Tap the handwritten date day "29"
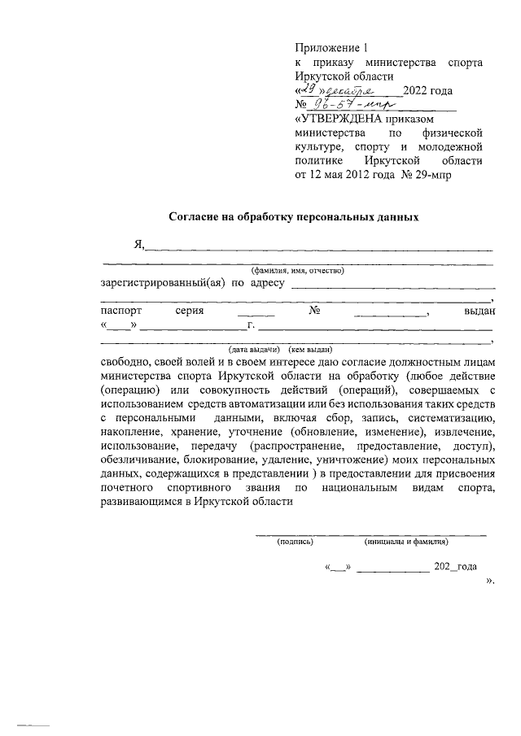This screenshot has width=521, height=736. click(306, 89)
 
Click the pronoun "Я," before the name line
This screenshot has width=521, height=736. click(138, 246)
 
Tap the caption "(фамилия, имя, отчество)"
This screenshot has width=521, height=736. click(298, 269)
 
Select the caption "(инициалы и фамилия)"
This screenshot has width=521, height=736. click(405, 541)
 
